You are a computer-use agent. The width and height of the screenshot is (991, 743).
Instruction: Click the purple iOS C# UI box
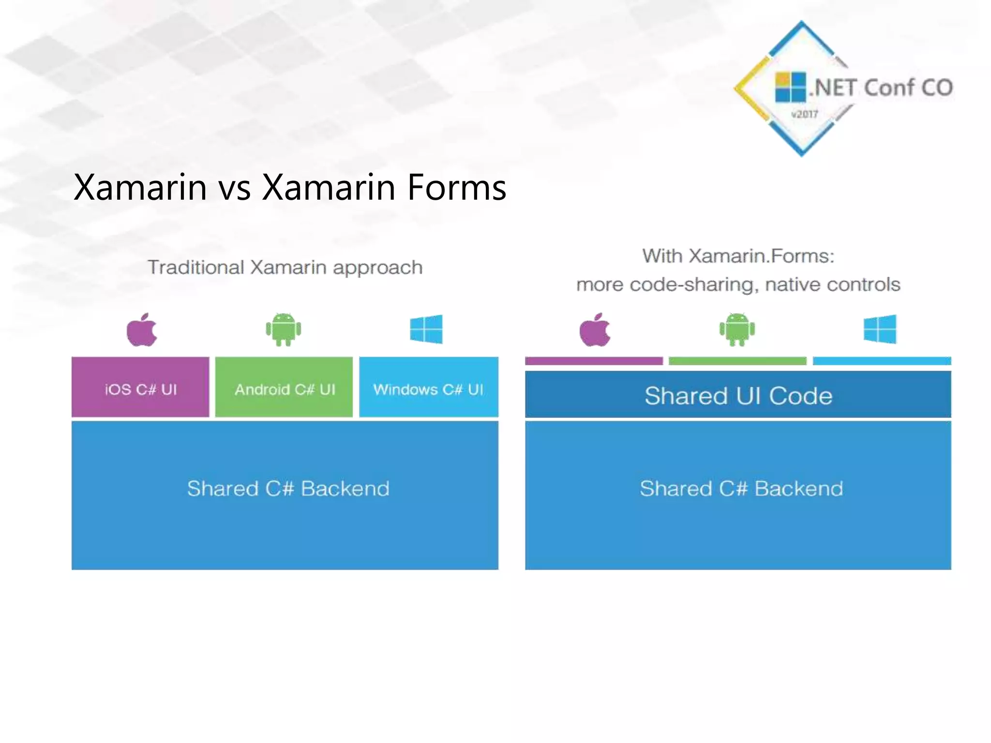coord(140,387)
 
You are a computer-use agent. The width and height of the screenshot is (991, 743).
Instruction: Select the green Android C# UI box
coord(284,387)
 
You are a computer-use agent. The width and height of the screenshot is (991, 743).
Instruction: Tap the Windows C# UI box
coord(428,387)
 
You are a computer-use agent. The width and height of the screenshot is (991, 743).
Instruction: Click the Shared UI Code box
coord(738,395)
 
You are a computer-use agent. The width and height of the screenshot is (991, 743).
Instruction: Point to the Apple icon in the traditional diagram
coord(141,330)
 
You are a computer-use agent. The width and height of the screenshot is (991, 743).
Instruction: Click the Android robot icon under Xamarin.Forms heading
coord(737,330)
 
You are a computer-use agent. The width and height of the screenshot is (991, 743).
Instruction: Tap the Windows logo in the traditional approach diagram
coord(426,329)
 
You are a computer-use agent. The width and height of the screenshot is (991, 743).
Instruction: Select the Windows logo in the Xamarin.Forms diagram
coord(880,329)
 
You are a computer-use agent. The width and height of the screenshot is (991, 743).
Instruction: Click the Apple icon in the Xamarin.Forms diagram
coord(595,330)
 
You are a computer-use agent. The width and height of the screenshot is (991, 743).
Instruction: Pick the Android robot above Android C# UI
coord(284,330)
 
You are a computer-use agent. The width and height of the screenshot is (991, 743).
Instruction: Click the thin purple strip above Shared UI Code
coord(594,361)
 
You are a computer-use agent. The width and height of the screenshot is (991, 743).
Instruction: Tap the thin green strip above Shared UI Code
coord(737,361)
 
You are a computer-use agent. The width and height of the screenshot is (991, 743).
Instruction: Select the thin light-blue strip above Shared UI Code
coord(882,361)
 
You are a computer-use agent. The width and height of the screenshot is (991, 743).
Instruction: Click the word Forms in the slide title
coord(456,188)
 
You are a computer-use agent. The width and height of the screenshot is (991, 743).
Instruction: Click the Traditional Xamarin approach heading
coord(285,267)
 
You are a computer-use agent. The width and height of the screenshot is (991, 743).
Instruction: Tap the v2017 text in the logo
coord(804,115)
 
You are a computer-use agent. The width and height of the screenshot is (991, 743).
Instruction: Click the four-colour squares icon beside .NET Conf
coord(790,87)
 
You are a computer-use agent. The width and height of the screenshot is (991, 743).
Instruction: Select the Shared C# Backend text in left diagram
coord(288,489)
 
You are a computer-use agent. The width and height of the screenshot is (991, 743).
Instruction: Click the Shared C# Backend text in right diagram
coord(741,489)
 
